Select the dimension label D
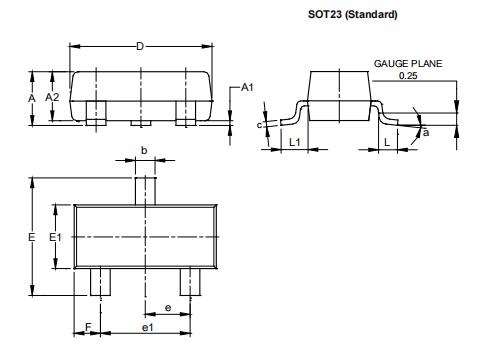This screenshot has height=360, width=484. (139, 45)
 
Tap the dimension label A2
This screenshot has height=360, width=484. (53, 97)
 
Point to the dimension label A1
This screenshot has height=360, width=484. (247, 89)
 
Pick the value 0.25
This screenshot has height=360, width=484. (408, 75)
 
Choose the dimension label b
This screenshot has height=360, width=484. (145, 150)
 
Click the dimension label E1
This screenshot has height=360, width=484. (56, 237)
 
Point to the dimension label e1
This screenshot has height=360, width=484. (148, 327)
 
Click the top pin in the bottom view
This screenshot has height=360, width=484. (146, 189)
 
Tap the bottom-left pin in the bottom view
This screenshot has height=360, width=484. (100, 282)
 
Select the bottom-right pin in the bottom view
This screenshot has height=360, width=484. (191, 282)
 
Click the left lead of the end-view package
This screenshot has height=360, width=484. (290, 112)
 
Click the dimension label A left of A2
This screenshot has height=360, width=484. (32, 97)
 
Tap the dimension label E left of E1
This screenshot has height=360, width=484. (32, 237)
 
